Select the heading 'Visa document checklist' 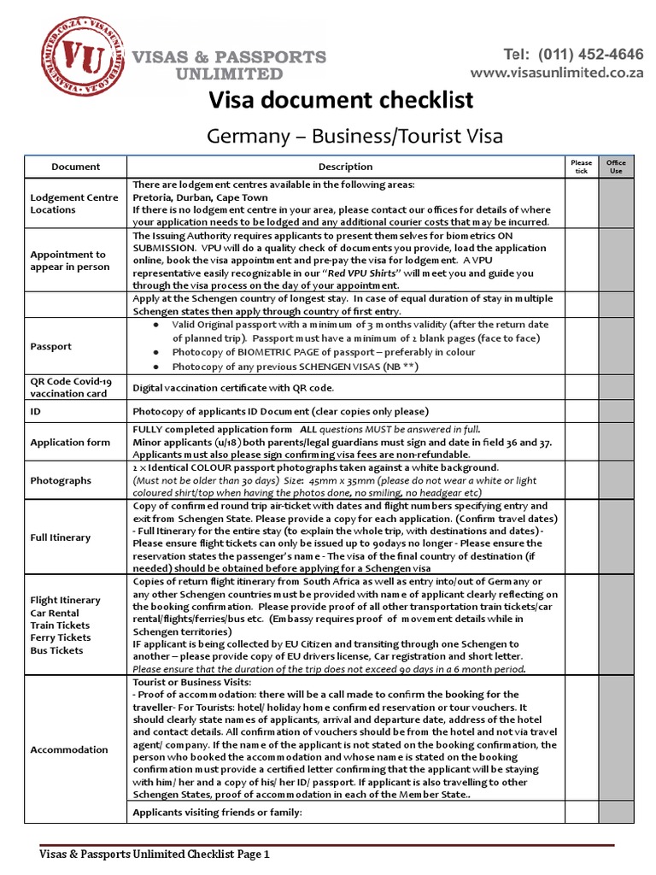point(342,101)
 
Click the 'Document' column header point(76,167)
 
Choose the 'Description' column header point(345,167)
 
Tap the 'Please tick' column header point(581,167)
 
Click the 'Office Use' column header point(615,167)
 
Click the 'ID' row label point(36,411)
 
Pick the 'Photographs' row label point(60,481)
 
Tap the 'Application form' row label point(70,443)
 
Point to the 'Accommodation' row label point(69,749)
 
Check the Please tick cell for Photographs point(581,480)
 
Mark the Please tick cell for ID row point(581,411)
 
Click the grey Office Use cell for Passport point(615,346)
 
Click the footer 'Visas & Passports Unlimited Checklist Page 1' point(155,853)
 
